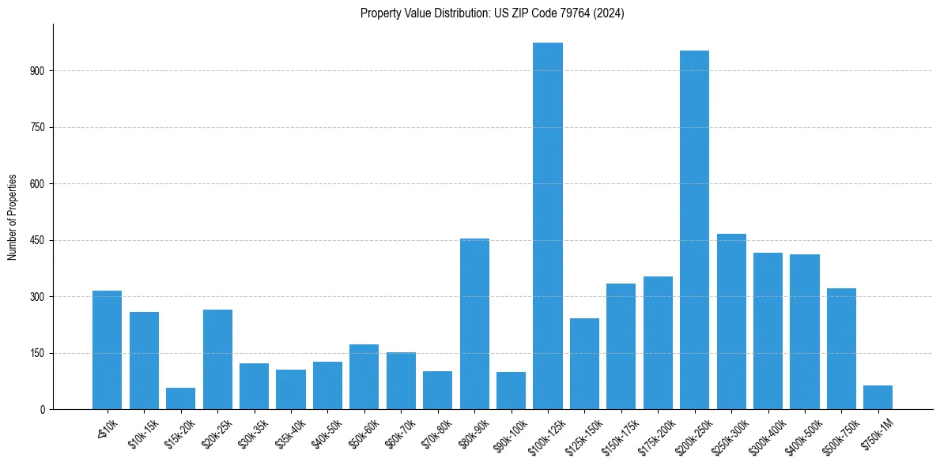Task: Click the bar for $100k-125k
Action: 547,226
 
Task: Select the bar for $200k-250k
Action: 694,230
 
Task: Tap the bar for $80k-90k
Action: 474,324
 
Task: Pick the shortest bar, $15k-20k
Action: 180,399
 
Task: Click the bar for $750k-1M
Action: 878,397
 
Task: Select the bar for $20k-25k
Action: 217,359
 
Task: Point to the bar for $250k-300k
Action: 731,321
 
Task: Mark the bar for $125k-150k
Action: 584,363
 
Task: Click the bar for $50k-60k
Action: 364,377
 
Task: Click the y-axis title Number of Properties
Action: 12,217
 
